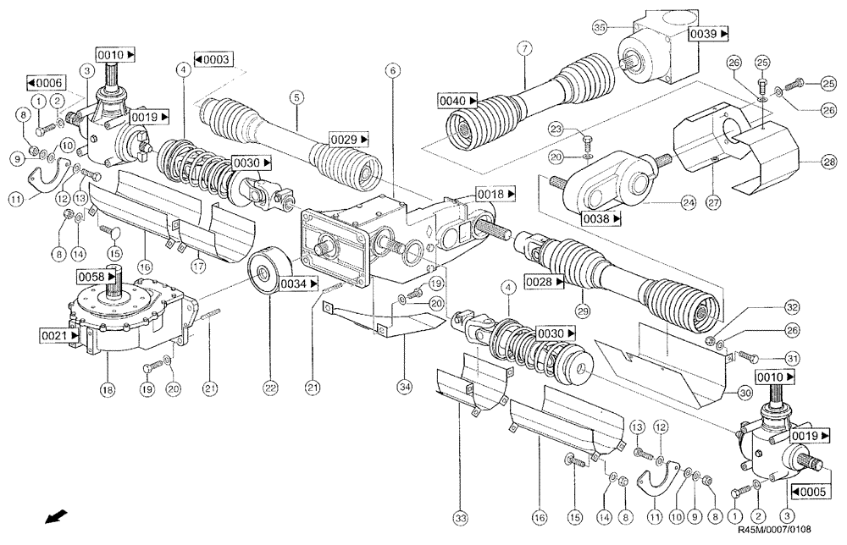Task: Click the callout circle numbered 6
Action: (x=391, y=73)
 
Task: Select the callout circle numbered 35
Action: (x=599, y=27)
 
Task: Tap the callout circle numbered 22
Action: (x=269, y=388)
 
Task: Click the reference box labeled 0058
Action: (x=94, y=277)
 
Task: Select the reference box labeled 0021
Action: (x=57, y=337)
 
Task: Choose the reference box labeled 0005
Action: (x=810, y=490)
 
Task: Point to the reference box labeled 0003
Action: (x=213, y=60)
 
